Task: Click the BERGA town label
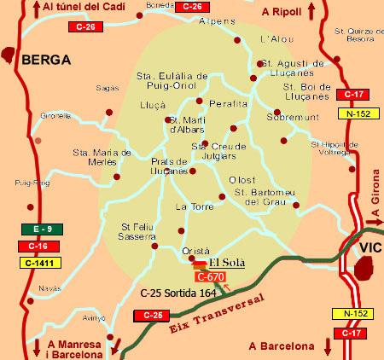click(x=44, y=60)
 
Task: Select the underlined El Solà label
click(x=227, y=263)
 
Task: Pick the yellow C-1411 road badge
click(x=38, y=263)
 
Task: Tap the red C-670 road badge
click(x=210, y=276)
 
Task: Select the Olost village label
click(x=242, y=179)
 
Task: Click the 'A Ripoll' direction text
click(x=283, y=12)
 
